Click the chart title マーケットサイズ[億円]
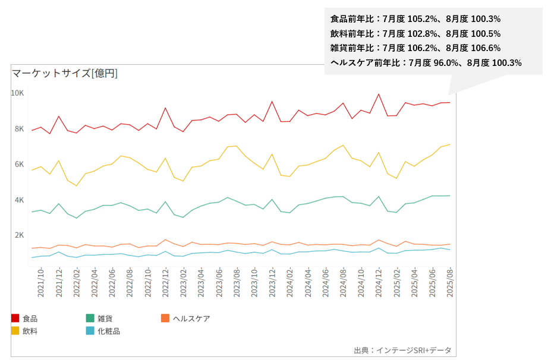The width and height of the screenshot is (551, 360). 65,73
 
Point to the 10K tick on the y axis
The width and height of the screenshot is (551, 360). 17,93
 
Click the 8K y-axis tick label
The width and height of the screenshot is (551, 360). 19,129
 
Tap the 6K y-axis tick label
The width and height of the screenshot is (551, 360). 19,164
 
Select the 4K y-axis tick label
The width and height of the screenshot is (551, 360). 19,200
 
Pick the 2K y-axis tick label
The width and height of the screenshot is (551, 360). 19,235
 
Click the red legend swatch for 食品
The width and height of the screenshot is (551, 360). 15,318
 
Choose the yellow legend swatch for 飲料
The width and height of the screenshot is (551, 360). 15,331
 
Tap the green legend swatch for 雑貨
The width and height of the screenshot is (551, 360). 90,318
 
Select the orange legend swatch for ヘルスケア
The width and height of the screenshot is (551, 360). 165,318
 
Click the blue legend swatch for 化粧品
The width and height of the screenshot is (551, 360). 90,331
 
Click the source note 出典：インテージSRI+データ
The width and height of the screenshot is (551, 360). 402,350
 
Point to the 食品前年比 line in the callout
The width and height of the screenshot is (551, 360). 415,19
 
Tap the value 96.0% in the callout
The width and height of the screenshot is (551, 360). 448,62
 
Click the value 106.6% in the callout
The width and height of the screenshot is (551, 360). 487,48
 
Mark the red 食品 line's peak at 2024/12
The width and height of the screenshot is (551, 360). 379,94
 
